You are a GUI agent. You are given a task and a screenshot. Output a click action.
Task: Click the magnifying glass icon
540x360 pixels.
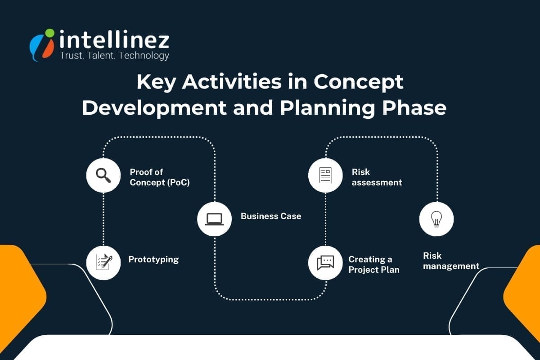click(x=103, y=175)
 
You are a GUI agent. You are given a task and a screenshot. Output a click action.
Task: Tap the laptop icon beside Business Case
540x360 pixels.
click(x=214, y=219)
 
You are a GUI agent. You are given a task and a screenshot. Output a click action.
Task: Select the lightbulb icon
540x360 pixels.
click(x=436, y=219)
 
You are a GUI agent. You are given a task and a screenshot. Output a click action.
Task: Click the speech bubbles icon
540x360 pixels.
click(x=325, y=262)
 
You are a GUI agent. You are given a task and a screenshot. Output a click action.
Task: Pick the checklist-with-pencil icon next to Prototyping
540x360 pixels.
click(x=103, y=262)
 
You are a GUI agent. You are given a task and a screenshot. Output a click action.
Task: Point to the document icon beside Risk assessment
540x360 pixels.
click(x=325, y=175)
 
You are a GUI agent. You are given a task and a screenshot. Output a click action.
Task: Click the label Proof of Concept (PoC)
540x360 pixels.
click(x=159, y=177)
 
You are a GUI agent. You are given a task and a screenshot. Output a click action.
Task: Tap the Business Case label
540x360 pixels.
click(x=271, y=216)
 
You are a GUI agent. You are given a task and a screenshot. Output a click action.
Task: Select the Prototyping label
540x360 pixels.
click(x=153, y=259)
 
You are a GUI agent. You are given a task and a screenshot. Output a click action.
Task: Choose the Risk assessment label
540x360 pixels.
click(x=377, y=177)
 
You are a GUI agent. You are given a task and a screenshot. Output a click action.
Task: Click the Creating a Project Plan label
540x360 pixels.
click(x=373, y=265)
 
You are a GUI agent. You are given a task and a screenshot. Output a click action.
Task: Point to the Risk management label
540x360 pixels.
click(x=451, y=261)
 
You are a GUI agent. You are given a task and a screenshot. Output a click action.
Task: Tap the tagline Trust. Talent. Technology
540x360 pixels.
click(x=114, y=56)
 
